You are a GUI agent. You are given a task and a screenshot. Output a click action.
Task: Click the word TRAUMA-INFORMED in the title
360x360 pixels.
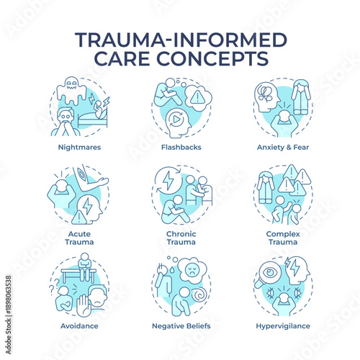pyautogui.click(x=180, y=39)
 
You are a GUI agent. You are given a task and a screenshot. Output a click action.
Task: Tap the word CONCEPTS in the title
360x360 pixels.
pyautogui.click(x=222, y=57)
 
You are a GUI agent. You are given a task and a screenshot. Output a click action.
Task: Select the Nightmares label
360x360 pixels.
pyautogui.click(x=80, y=146)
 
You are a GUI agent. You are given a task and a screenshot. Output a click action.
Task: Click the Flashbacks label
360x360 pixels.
pyautogui.click(x=181, y=146)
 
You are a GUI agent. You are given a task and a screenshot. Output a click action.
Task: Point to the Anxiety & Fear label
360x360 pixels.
pyautogui.click(x=282, y=146)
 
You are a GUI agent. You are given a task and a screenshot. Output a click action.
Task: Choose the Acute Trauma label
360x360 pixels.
pyautogui.click(x=80, y=238)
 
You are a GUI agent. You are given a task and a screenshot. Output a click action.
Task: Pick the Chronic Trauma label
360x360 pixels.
pyautogui.click(x=181, y=238)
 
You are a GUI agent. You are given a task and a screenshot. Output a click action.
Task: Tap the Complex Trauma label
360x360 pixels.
pyautogui.click(x=282, y=238)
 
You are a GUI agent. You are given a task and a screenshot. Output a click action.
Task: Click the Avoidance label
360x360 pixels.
pyautogui.click(x=80, y=325)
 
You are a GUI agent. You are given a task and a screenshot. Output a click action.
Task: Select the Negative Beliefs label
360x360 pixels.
pyautogui.click(x=181, y=325)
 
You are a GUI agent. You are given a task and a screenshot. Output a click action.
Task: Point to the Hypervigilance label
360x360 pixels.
pyautogui.click(x=282, y=325)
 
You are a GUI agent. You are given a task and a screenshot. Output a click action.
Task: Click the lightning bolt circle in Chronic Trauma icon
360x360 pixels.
pyautogui.click(x=168, y=181)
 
